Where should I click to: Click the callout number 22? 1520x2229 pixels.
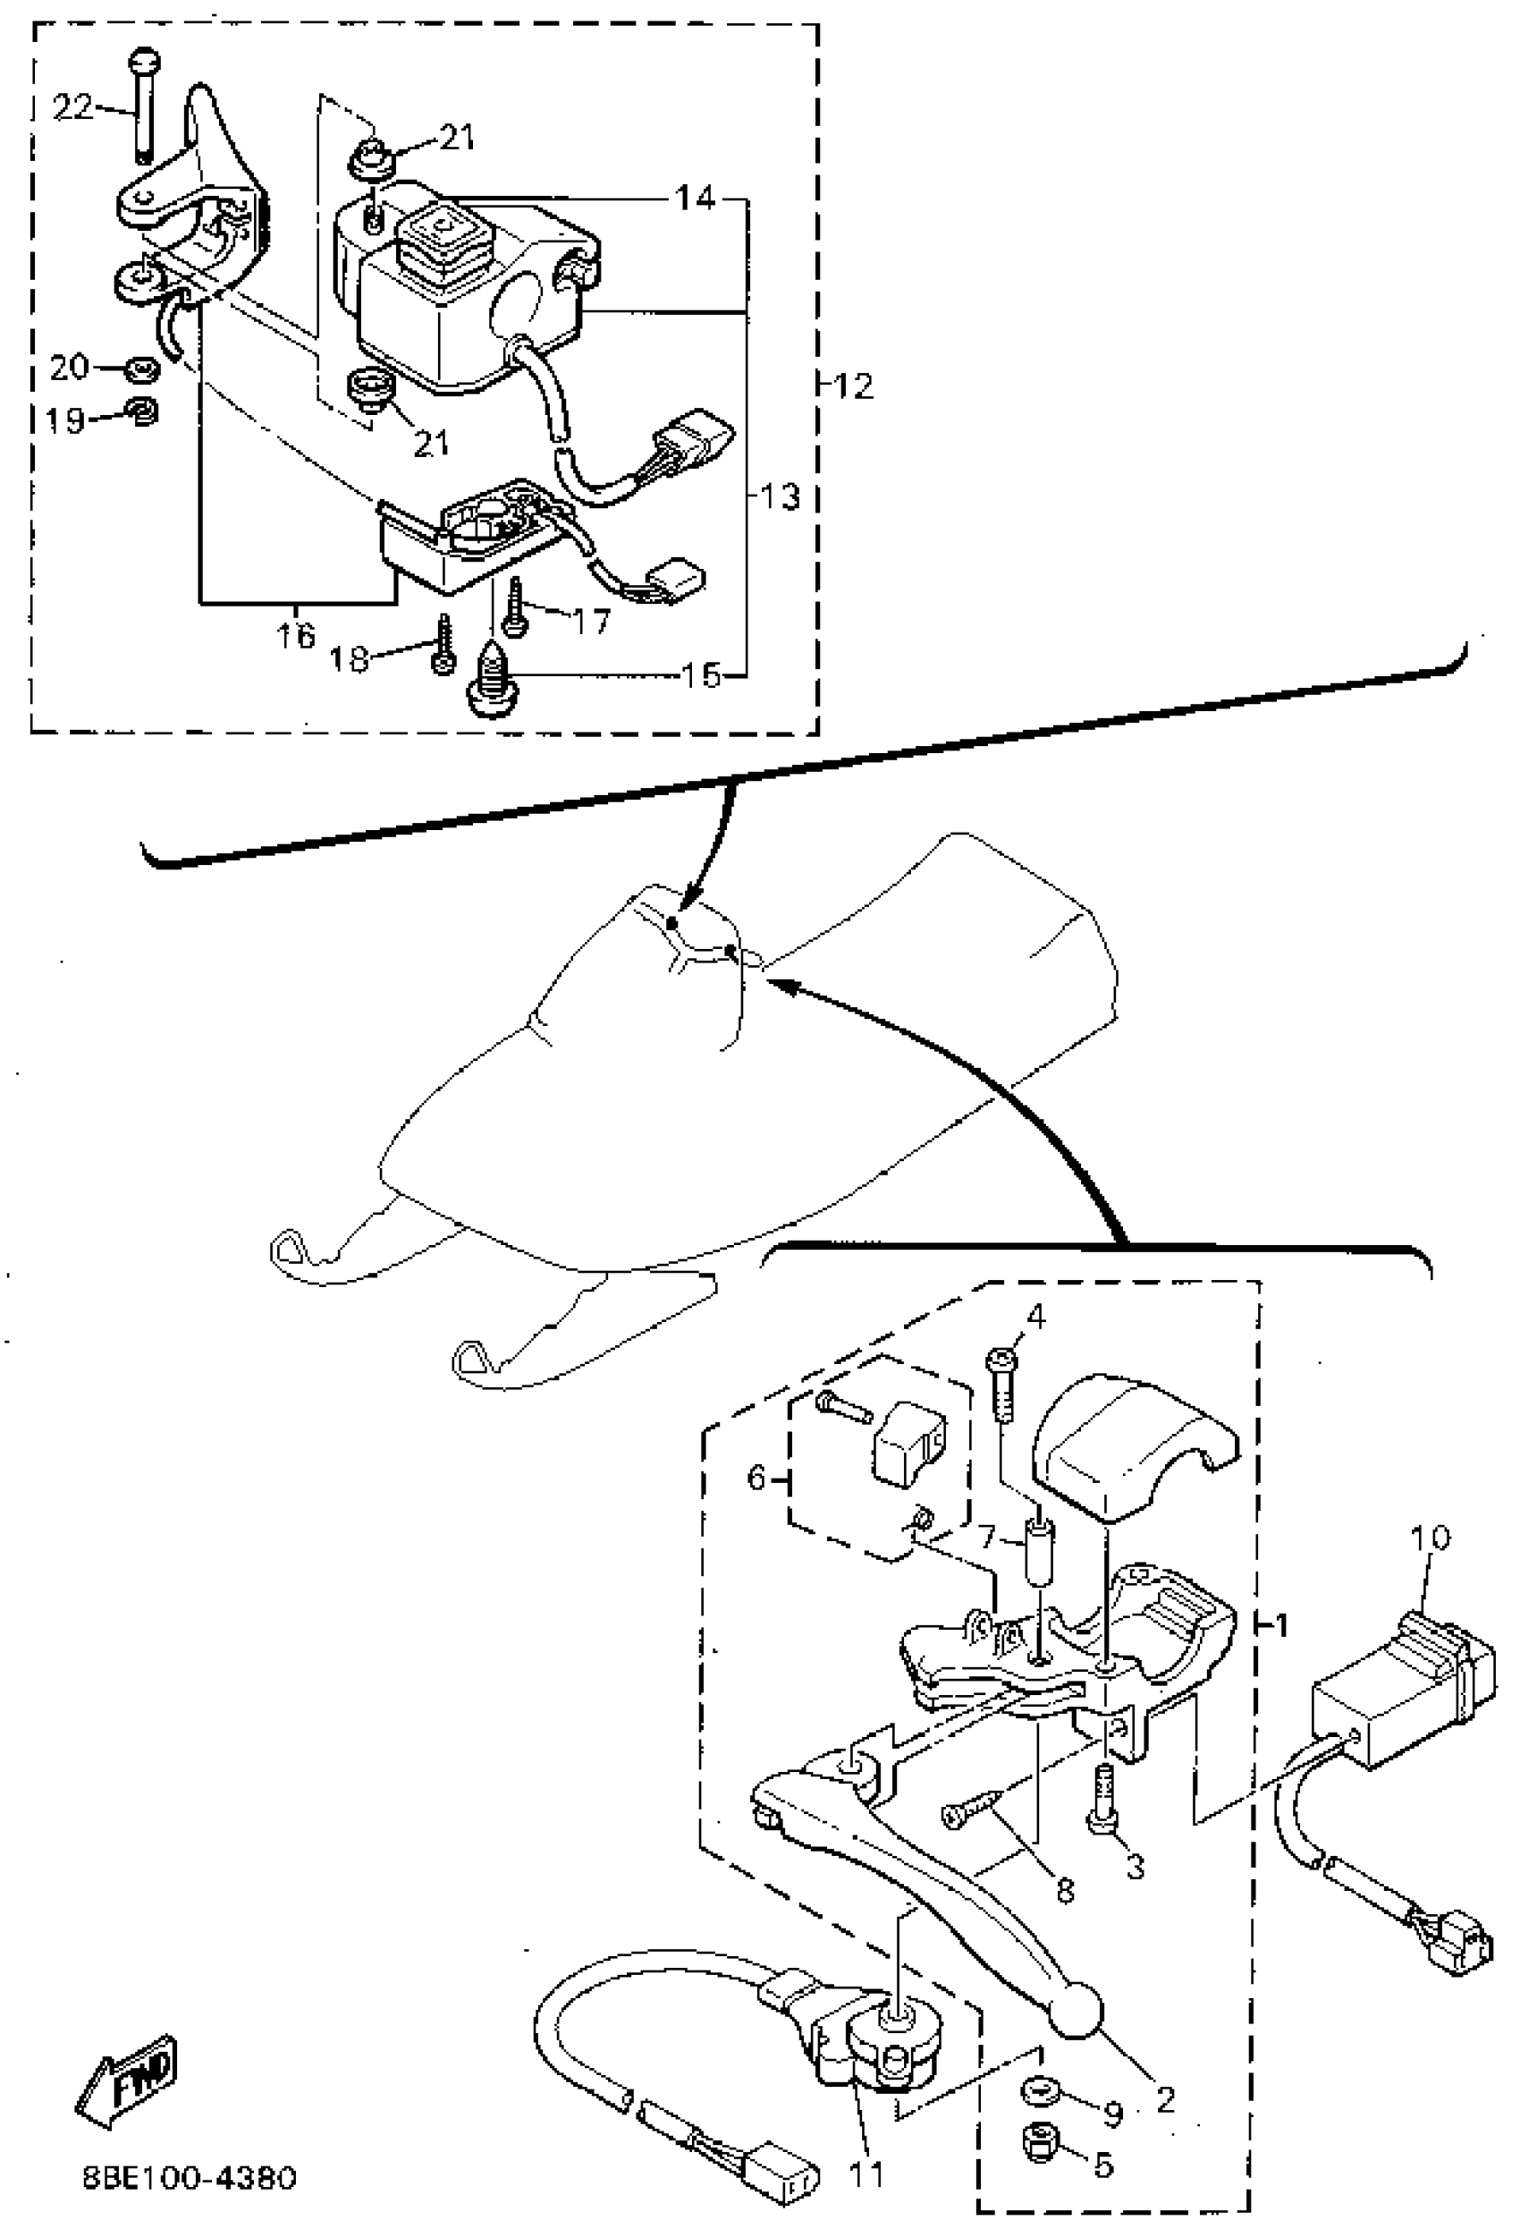click(73, 106)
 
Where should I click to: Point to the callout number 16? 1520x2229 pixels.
click(295, 635)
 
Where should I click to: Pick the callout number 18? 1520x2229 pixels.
click(349, 660)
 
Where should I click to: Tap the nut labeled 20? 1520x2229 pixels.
click(143, 369)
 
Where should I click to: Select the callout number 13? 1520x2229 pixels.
click(780, 496)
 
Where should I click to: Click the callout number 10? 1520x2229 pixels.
click(1430, 1538)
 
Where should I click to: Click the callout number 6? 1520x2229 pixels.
click(756, 1479)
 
